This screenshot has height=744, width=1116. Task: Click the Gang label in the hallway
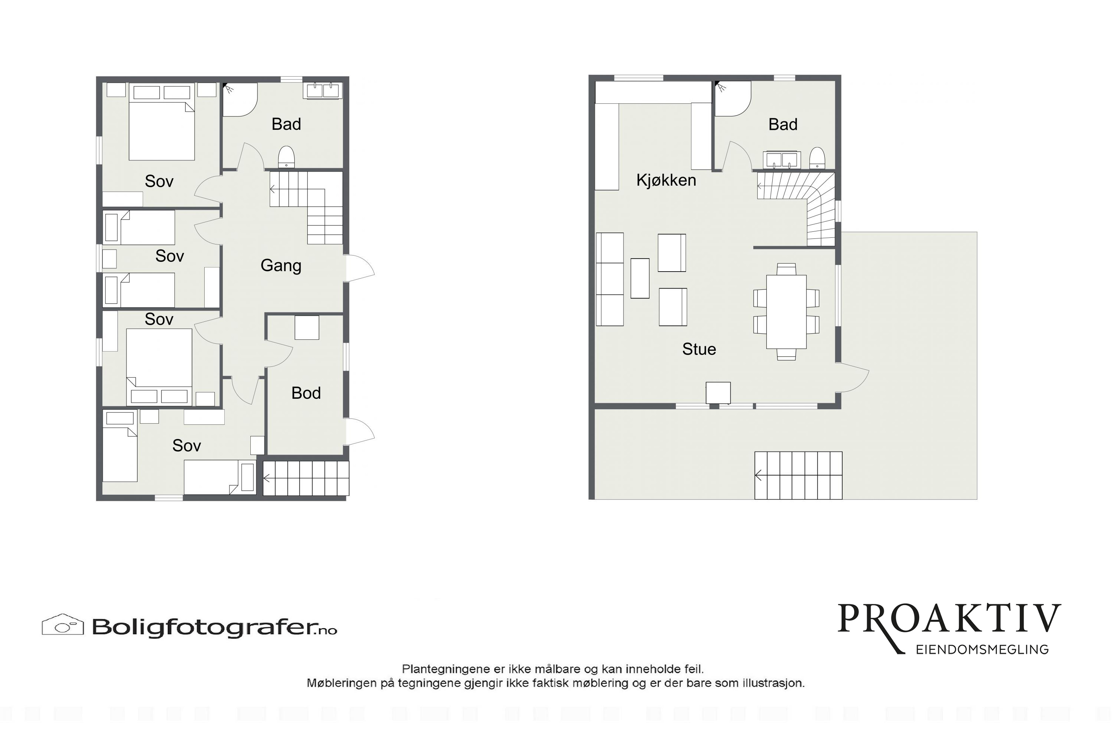[281, 266]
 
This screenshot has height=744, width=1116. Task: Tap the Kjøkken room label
[666, 180]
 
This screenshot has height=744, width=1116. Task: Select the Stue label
[699, 349]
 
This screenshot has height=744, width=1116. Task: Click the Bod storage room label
[306, 393]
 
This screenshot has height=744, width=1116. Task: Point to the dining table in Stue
[786, 312]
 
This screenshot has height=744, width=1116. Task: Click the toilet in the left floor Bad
[286, 157]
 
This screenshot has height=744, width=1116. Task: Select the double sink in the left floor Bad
[323, 91]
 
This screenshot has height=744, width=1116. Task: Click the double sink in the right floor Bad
[782, 160]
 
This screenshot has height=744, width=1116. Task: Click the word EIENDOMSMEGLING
[982, 650]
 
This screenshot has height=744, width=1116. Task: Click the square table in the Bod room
[307, 327]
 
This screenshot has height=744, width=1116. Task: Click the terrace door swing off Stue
[852, 378]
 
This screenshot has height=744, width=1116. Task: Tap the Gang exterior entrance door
[360, 269]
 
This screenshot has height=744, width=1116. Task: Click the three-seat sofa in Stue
[610, 279]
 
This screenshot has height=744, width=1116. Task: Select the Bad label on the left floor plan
[286, 124]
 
